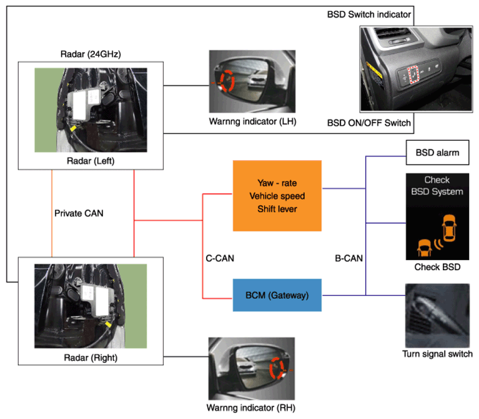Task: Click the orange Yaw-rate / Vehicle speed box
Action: [x=277, y=196]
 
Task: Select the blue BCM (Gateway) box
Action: [x=277, y=295]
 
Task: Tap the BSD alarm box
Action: [x=437, y=153]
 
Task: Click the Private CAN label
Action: [x=79, y=213]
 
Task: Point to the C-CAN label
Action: [x=220, y=258]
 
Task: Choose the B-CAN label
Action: [x=349, y=258]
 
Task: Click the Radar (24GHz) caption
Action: [x=91, y=54]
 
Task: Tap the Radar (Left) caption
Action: [x=91, y=161]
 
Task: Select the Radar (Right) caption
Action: [x=91, y=358]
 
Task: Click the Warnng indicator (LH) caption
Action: [x=253, y=121]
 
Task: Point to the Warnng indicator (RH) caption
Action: [x=251, y=408]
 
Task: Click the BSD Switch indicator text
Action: [x=369, y=14]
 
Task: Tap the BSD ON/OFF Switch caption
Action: [x=369, y=123]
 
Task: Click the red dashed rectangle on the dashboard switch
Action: [x=413, y=74]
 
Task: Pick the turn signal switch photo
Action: [x=437, y=316]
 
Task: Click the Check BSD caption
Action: [x=437, y=267]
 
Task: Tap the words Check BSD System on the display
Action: [x=437, y=186]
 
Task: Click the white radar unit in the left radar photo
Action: [x=83, y=104]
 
